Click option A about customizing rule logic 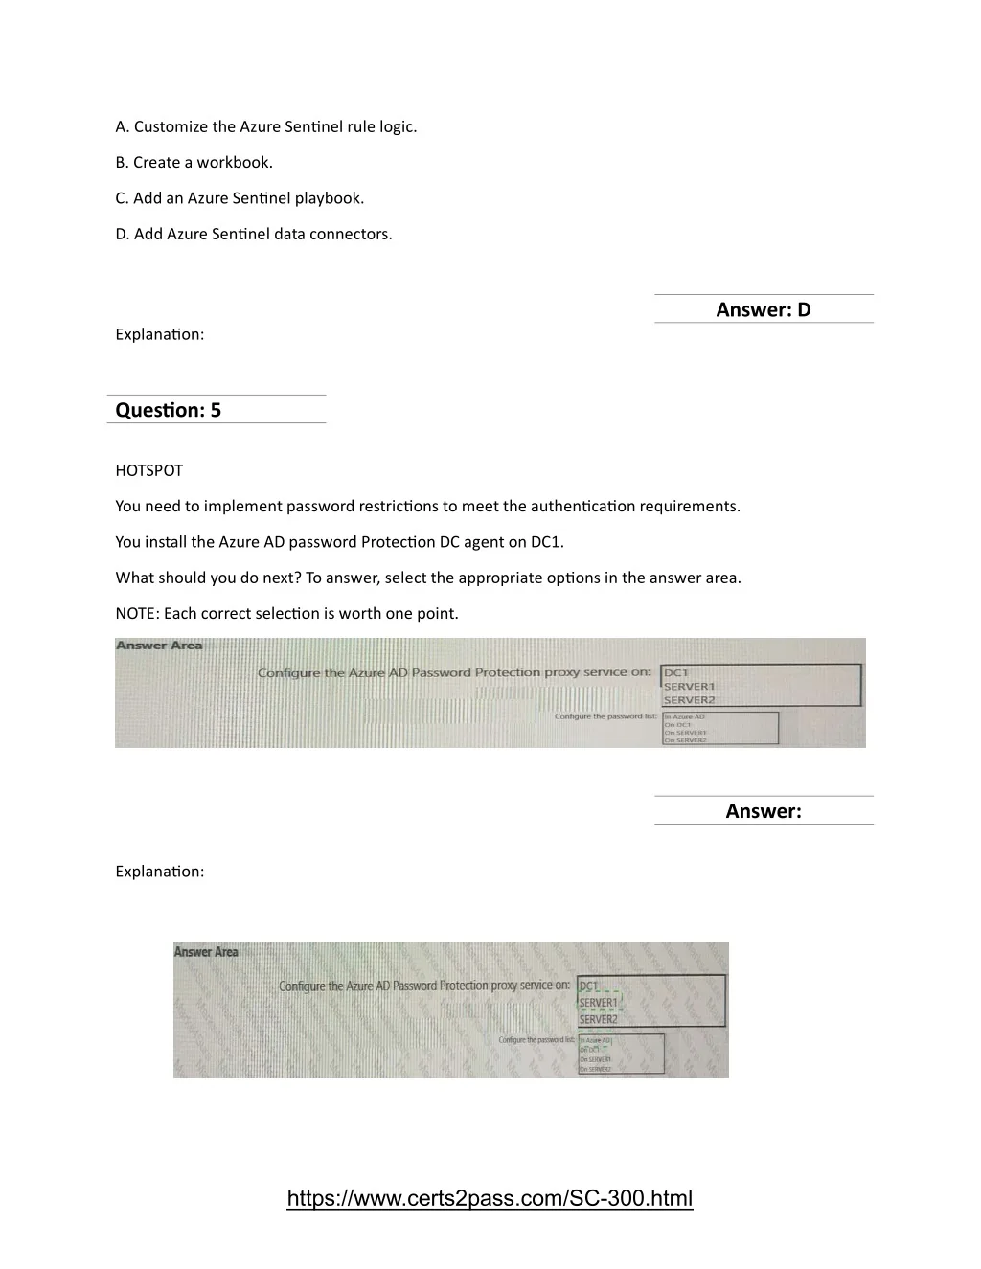(x=265, y=126)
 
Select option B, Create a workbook (x=194, y=162)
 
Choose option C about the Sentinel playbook (x=240, y=198)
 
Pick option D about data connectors (x=253, y=234)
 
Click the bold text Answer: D (x=764, y=309)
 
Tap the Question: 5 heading (x=169, y=410)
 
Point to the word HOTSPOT (x=148, y=470)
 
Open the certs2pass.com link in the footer (x=490, y=1198)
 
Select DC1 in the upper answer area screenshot (x=676, y=672)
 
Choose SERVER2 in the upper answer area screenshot (x=690, y=699)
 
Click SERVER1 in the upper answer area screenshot (x=690, y=686)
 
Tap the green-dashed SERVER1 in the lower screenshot (x=599, y=1003)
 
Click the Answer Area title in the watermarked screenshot (x=206, y=952)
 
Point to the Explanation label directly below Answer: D (x=159, y=334)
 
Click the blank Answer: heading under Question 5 (x=764, y=811)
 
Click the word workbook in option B (x=235, y=162)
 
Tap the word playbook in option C (x=329, y=198)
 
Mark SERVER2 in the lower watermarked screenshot (x=599, y=1020)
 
